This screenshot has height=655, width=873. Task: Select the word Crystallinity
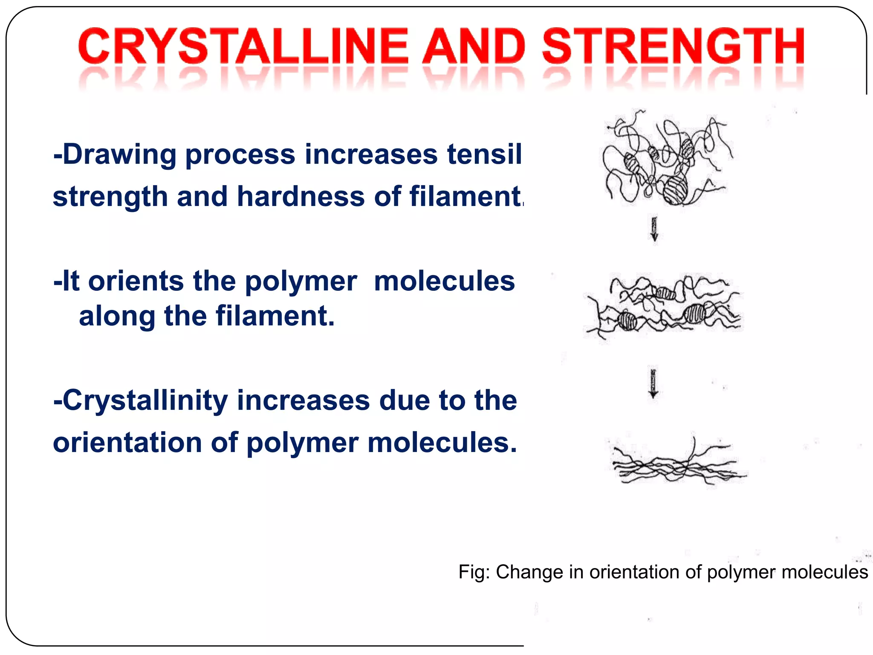tap(145, 401)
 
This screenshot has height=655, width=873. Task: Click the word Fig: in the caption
tap(474, 572)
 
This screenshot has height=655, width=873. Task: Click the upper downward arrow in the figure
tap(654, 229)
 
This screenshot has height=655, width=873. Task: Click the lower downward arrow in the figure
tap(653, 383)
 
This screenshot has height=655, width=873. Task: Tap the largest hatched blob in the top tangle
tap(675, 190)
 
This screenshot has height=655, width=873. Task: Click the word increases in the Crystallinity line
tap(303, 401)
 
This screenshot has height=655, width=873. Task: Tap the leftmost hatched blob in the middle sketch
tap(627, 320)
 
